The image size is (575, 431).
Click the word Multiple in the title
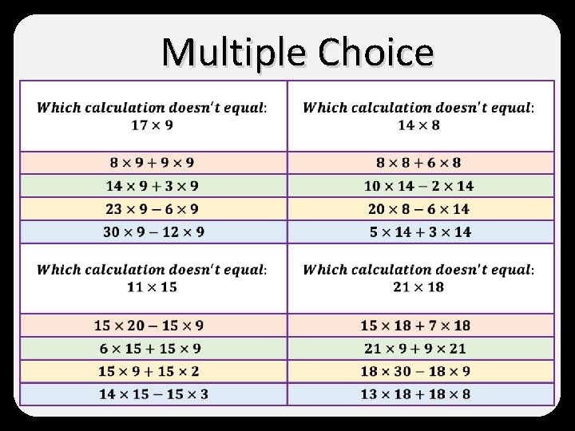click(234, 53)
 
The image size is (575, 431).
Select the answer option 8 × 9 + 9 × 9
click(152, 163)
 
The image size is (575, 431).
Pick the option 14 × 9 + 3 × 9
click(152, 186)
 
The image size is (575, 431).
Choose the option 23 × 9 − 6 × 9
click(152, 209)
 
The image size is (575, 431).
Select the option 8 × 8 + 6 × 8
click(418, 163)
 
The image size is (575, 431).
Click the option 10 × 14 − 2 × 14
click(418, 186)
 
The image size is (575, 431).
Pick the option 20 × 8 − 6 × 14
click(418, 209)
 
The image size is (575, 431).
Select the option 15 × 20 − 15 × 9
click(149, 326)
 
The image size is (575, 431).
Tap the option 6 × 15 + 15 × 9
click(150, 349)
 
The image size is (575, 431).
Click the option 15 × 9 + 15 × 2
click(149, 371)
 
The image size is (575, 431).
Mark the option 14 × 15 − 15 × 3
click(153, 394)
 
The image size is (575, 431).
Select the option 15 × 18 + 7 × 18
click(415, 326)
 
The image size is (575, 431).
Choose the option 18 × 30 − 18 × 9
click(415, 371)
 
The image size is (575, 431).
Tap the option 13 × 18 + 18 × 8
click(415, 394)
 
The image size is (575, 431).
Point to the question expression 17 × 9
click(152, 125)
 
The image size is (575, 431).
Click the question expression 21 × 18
click(418, 287)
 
